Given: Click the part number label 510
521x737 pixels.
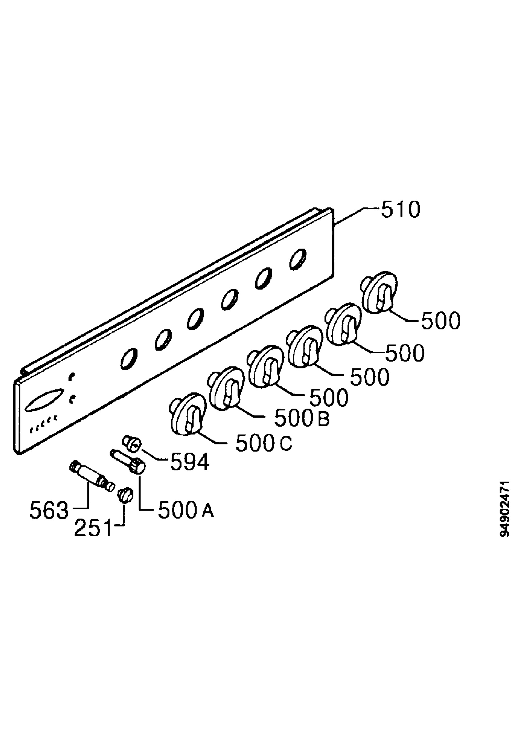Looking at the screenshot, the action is pyautogui.click(x=401, y=210).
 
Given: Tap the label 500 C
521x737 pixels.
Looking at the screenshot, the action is pyautogui.click(x=264, y=443).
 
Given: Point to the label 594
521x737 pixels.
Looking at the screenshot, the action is pyautogui.click(x=190, y=462).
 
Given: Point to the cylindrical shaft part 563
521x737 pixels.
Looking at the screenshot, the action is pyautogui.click(x=92, y=477).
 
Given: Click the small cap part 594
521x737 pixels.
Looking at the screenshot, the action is pyautogui.click(x=132, y=444).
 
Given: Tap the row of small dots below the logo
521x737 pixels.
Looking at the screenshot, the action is pyautogui.click(x=44, y=423).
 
